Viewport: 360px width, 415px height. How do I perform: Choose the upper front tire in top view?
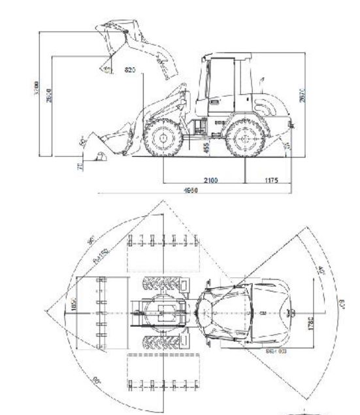pos(161,285)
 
